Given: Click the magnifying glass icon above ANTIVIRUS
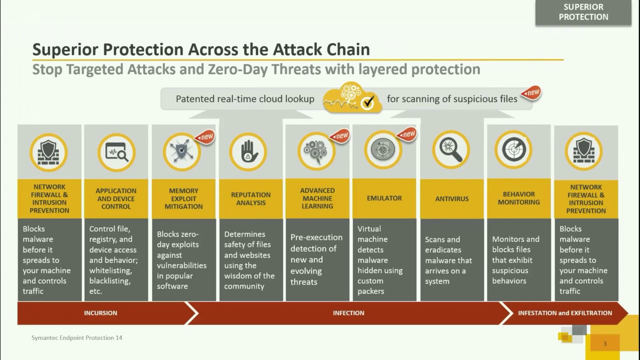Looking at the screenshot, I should pos(451,149).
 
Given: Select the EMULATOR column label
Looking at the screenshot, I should pos(384,198).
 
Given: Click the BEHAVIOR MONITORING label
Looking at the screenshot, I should pos(518,198).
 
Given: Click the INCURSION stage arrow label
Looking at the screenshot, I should pos(100,313).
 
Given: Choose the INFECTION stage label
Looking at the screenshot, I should pos(348,313).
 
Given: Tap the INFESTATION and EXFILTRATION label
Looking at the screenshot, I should pos(564,313).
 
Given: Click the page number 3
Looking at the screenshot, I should pos(605,343).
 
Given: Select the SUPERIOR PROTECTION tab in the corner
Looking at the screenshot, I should pos(583,12).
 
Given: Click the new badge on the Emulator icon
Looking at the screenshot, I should pos(408,133).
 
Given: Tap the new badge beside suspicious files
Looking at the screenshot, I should pos(532,92).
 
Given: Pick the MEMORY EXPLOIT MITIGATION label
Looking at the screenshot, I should pos(183,198).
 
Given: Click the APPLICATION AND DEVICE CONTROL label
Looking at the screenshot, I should pos(116,198).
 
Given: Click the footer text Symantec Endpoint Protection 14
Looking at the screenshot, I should pos(76,338).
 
